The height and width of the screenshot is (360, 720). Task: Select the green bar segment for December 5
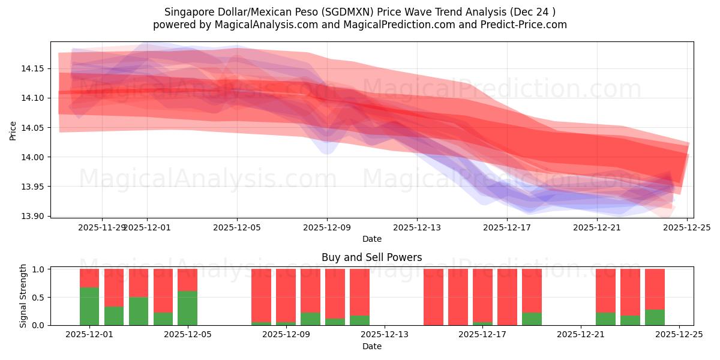coord(187,308)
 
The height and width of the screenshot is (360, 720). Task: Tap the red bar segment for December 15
coord(458,297)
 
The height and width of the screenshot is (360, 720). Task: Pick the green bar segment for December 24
coord(655,317)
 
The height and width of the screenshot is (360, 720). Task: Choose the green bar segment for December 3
coord(139,311)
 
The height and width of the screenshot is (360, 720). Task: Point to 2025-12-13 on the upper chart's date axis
coord(417,228)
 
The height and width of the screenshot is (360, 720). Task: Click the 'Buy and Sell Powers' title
coord(371,257)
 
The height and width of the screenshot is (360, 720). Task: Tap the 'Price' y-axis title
coord(13,130)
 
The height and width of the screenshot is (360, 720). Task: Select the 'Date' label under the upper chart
coord(371,239)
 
